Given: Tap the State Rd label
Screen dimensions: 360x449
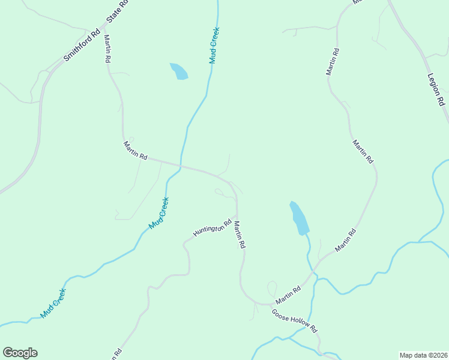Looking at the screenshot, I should pyautogui.click(x=118, y=12).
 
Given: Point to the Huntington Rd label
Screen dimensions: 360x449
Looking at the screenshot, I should pyautogui.click(x=212, y=228).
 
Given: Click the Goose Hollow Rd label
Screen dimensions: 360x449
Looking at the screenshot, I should pyautogui.click(x=294, y=322).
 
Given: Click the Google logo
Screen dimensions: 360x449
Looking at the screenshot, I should pyautogui.click(x=20, y=353).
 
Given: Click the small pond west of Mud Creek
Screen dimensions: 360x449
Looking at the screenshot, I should pyautogui.click(x=179, y=71).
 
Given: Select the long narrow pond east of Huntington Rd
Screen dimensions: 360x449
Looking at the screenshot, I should pyautogui.click(x=299, y=218).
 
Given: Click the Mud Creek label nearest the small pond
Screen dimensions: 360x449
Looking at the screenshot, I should pyautogui.click(x=214, y=45).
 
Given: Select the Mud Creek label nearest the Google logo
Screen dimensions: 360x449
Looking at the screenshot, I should pyautogui.click(x=53, y=303).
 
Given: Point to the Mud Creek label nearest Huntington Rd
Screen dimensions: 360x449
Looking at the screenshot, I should pyautogui.click(x=159, y=214).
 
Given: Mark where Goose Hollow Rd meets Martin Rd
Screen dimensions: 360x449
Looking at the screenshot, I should pyautogui.click(x=270, y=304).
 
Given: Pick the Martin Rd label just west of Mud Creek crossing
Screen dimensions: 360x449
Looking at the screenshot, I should pyautogui.click(x=135, y=150).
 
